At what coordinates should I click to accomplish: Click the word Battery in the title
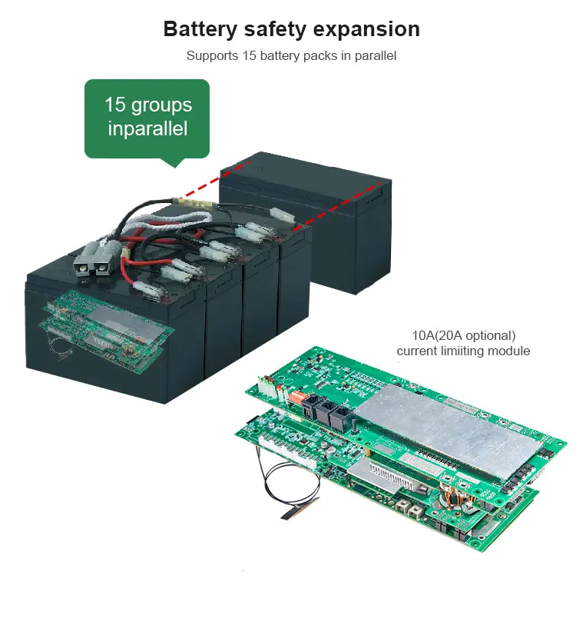pyautogui.click(x=199, y=29)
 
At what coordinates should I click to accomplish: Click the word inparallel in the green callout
pyautogui.click(x=147, y=128)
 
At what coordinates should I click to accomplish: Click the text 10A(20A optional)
pyautogui.click(x=463, y=336)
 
